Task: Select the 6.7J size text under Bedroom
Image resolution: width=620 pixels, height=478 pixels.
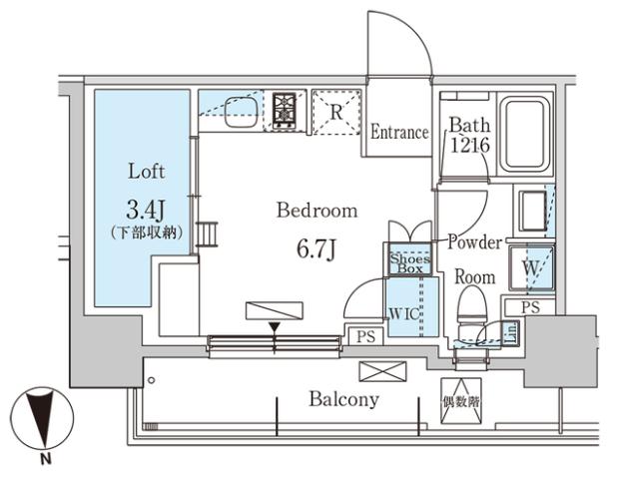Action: click(315, 247)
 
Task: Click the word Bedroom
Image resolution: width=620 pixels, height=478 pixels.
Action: click(316, 211)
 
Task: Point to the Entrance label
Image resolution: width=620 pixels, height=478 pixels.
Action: click(399, 133)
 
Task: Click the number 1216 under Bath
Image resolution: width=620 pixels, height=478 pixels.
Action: click(467, 147)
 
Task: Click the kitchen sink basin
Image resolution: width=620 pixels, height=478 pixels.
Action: click(240, 112)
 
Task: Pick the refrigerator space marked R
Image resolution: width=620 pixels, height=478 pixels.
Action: click(336, 113)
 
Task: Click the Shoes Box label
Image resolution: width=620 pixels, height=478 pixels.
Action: click(408, 261)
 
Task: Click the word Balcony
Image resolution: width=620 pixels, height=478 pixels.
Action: click(342, 399)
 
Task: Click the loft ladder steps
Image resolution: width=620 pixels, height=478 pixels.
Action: click(208, 235)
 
